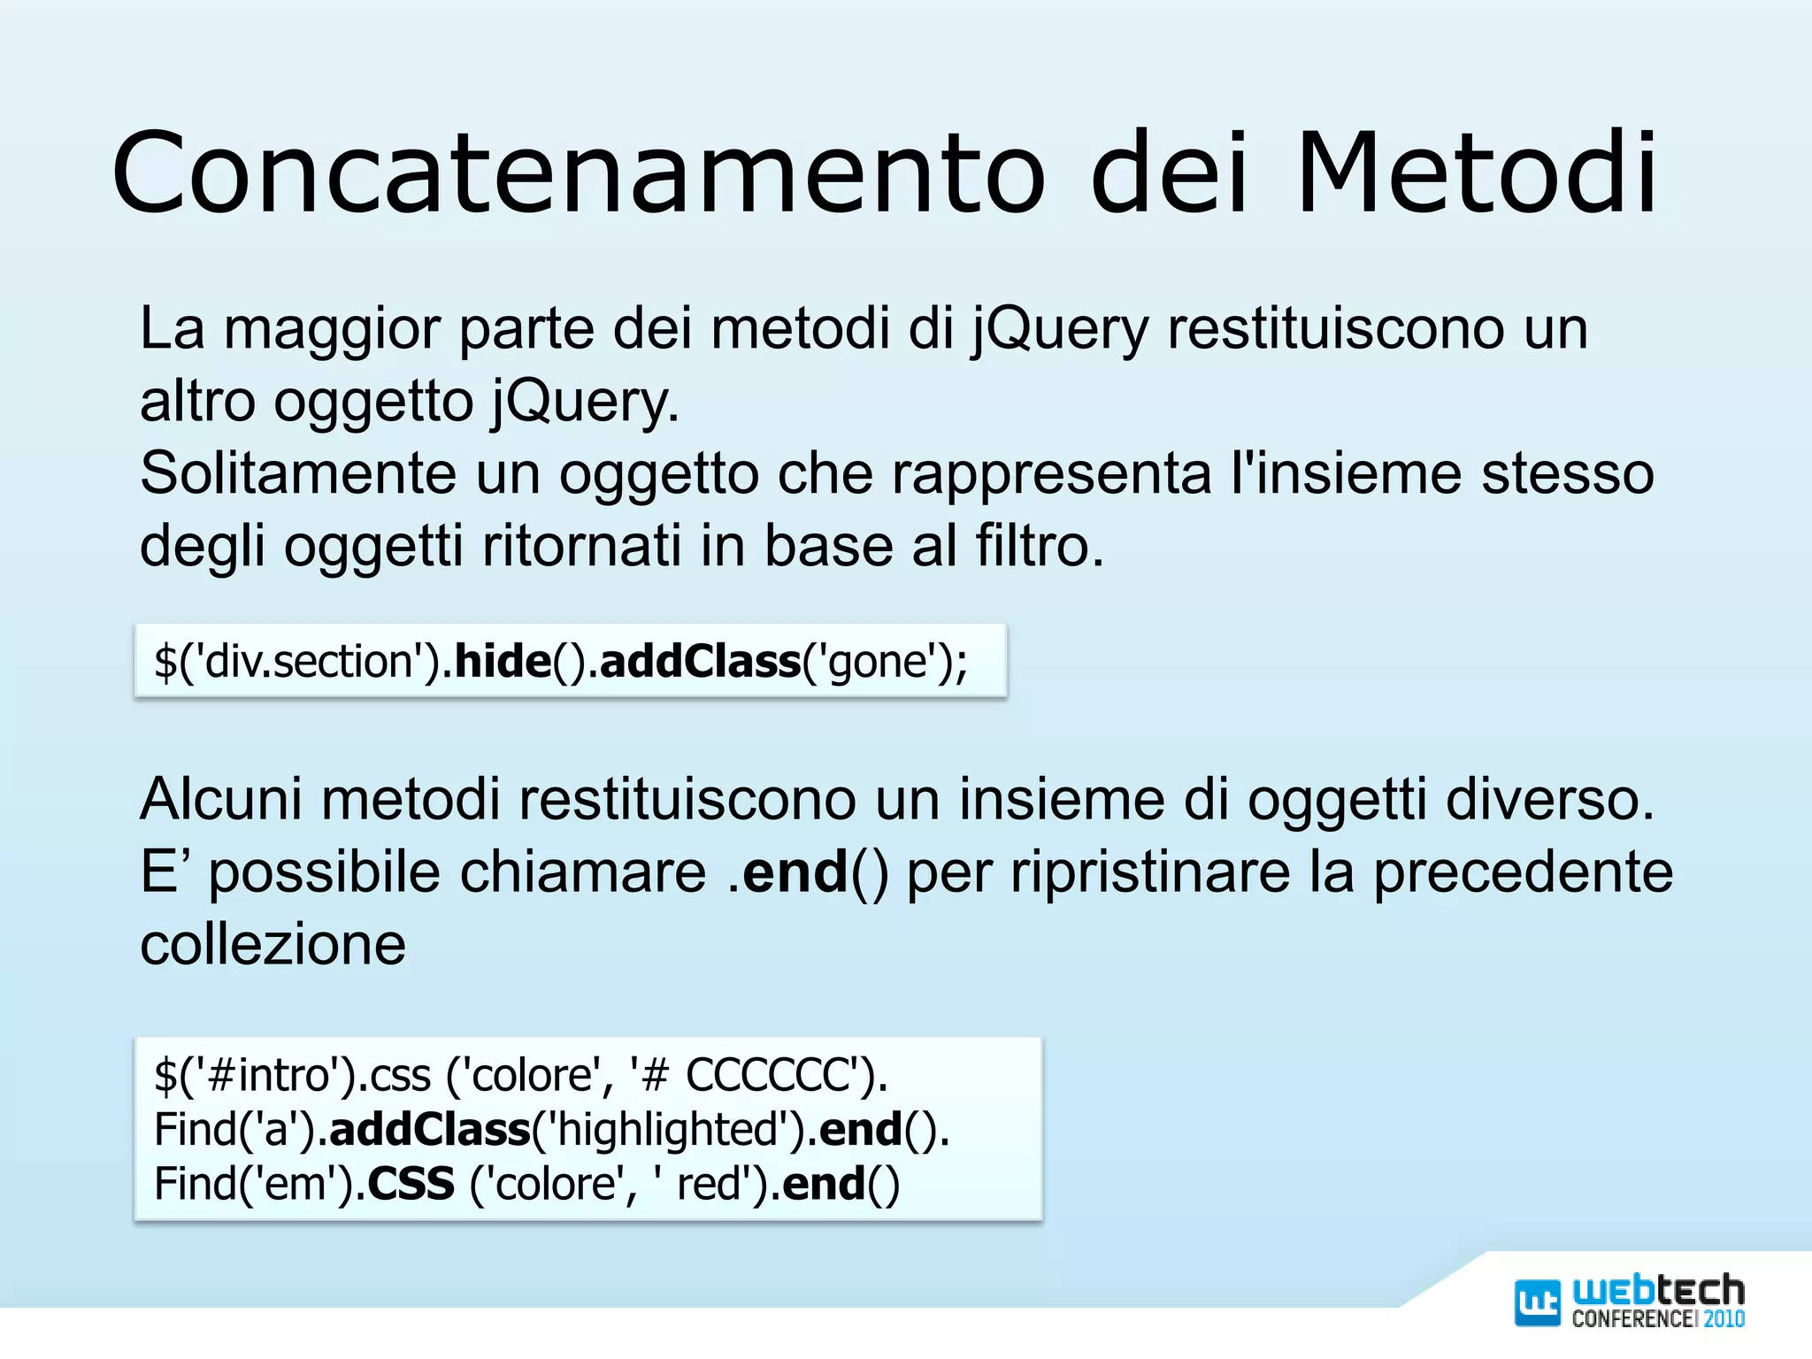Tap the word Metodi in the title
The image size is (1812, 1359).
pyautogui.click(x=1476, y=173)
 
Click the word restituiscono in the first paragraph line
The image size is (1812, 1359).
pyautogui.click(x=1333, y=329)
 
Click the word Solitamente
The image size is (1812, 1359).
pyautogui.click(x=297, y=473)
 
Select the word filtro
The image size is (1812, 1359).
pyautogui.click(x=1040, y=546)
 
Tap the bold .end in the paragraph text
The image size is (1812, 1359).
pyautogui.click(x=787, y=872)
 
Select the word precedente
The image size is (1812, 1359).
pyautogui.click(x=1523, y=872)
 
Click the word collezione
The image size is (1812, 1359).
pyautogui.click(x=273, y=944)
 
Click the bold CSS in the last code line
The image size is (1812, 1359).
pyautogui.click(x=411, y=1184)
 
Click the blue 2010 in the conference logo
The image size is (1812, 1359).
pyautogui.click(x=1724, y=1319)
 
